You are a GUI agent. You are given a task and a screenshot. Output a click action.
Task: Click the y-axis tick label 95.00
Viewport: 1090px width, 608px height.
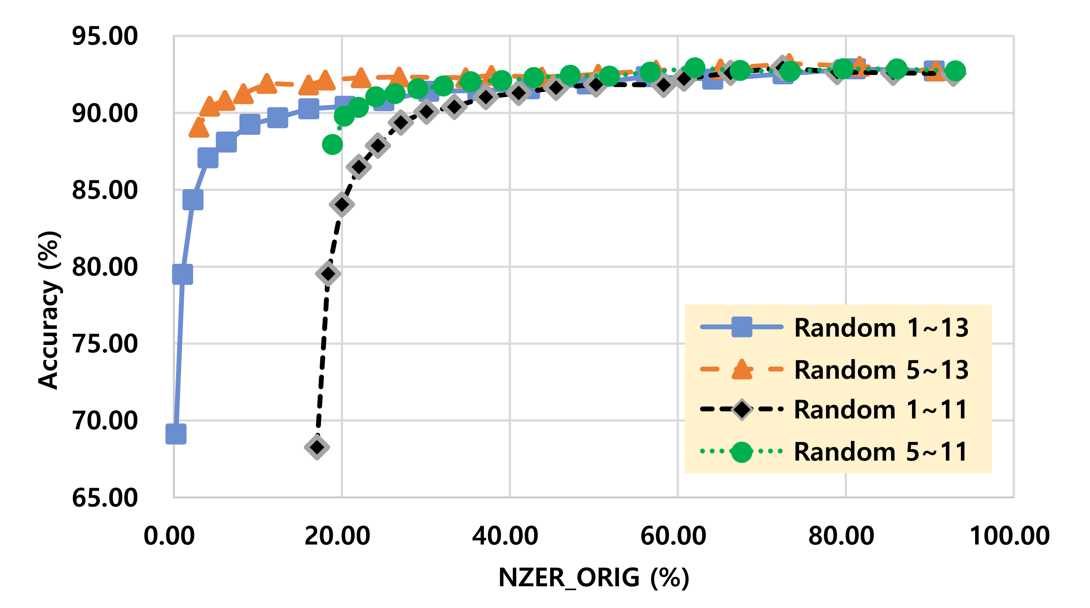click(x=104, y=36)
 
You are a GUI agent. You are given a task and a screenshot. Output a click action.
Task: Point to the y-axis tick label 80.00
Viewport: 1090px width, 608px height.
click(x=104, y=267)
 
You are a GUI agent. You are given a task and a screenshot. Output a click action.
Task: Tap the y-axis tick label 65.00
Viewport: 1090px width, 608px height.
click(x=104, y=498)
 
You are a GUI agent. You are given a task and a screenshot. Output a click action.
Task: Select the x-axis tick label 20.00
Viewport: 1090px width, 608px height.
click(x=337, y=536)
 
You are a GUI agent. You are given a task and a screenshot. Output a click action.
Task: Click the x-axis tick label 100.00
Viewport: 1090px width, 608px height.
click(x=1010, y=536)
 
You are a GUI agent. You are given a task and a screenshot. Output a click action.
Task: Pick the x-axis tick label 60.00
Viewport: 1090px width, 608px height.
click(x=673, y=536)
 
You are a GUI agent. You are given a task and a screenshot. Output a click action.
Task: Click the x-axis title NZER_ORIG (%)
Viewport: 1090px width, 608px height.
click(x=593, y=578)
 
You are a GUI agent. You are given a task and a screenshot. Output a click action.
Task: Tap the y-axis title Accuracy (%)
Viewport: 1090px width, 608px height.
click(x=48, y=310)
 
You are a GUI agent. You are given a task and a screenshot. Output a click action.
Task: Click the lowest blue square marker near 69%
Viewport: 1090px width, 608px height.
click(x=176, y=434)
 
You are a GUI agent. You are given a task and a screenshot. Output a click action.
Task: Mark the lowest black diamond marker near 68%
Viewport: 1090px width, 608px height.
click(x=317, y=447)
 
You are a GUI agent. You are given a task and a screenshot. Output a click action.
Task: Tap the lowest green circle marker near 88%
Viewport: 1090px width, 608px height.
click(x=333, y=144)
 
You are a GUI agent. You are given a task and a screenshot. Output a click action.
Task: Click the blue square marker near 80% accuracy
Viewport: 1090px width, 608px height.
click(x=183, y=275)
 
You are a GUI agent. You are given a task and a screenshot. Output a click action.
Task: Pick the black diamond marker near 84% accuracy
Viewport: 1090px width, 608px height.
click(x=342, y=205)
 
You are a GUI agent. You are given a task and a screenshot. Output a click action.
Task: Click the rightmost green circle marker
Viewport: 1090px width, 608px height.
click(x=955, y=71)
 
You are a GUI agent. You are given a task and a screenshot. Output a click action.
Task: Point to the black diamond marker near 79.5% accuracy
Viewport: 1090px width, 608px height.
click(x=328, y=274)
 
